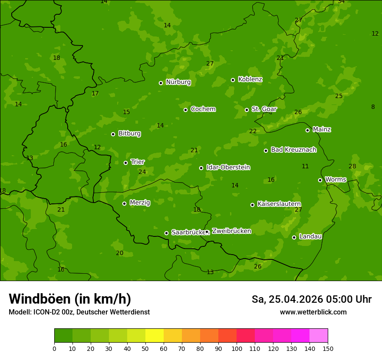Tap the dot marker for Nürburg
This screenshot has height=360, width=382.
point(161,83)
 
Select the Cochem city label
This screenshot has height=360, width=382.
point(203,109)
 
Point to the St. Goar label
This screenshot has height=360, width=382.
point(264,109)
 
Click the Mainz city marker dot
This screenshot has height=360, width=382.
point(307,130)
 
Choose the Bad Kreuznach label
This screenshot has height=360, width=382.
point(293,150)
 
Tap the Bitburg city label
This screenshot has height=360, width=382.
point(129,134)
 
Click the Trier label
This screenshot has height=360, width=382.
point(138,162)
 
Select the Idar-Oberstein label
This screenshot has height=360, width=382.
point(228,167)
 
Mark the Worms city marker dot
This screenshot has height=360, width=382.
point(320,180)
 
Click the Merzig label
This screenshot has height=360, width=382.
point(140,203)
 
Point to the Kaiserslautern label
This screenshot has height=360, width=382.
point(279,204)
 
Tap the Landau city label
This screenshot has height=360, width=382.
point(310,236)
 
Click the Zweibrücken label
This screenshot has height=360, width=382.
point(231,231)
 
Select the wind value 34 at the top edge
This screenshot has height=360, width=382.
point(341,2)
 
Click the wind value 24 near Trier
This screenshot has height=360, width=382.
point(142,172)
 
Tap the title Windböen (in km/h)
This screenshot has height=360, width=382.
point(70,299)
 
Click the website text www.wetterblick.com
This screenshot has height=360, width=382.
point(313,312)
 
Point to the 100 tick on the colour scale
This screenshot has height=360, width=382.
point(237,348)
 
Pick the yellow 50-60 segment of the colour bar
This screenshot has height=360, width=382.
point(155,335)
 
